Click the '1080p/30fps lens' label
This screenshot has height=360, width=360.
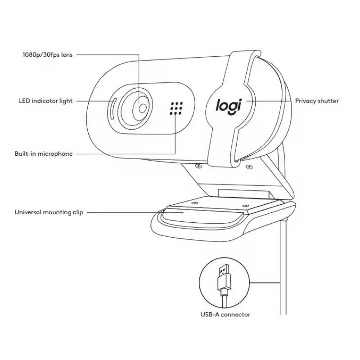click(47, 55)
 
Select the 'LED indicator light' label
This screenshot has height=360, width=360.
click(45, 101)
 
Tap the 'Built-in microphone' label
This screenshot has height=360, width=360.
click(43, 154)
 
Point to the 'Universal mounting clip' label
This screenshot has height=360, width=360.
click(49, 212)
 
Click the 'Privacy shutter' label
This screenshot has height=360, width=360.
click(317, 101)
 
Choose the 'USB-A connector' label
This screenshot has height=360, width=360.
click(225, 315)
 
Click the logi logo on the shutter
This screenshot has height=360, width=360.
click(228, 104)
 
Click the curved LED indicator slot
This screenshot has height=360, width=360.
click(112, 108)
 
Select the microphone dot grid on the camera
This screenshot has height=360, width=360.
click(176, 108)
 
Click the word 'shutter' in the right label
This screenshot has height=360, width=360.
click(328, 101)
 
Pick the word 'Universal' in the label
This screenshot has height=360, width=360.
click(27, 212)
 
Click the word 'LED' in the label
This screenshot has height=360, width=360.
click(24, 101)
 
